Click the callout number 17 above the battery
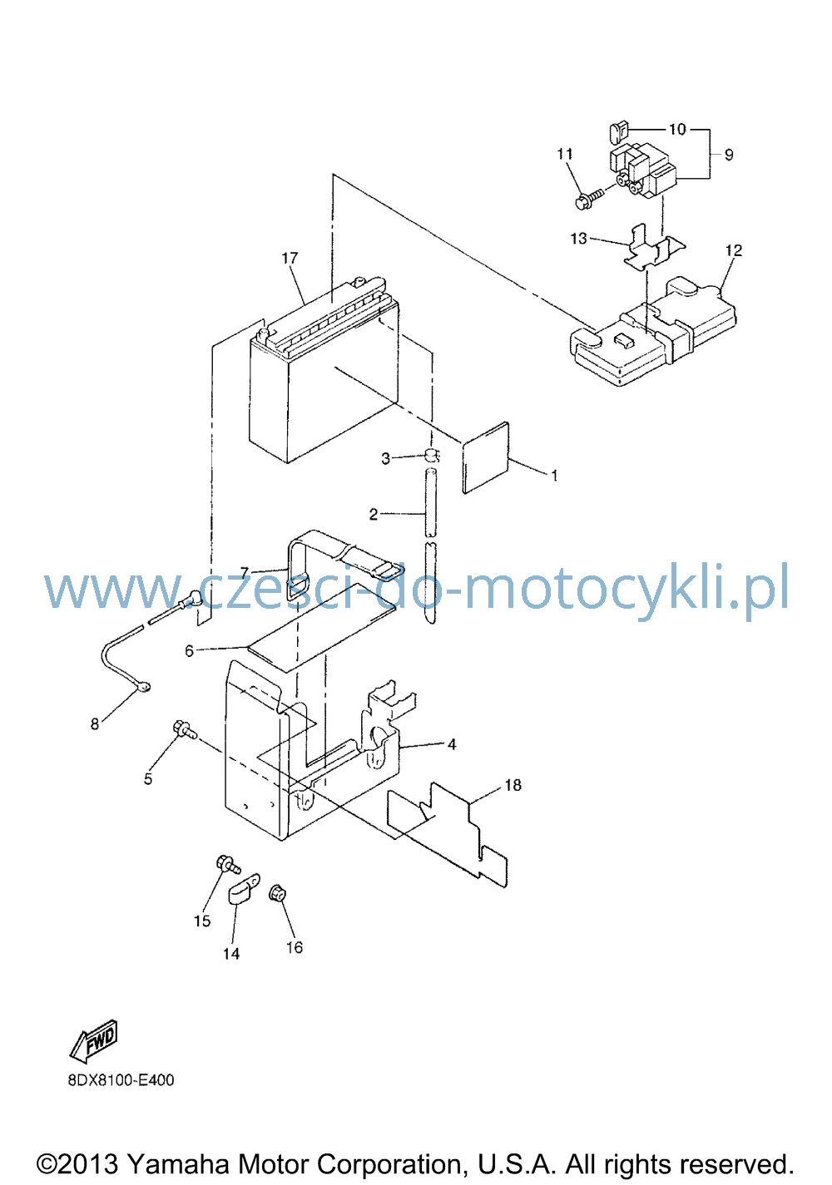290,258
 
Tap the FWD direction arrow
94,1040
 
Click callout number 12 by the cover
734,250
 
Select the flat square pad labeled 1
486,457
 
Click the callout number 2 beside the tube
373,514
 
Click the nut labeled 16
277,894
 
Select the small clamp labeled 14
244,889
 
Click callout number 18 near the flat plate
513,785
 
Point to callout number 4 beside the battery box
452,744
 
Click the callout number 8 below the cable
95,723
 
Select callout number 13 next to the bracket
578,239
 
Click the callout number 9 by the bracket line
729,155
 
